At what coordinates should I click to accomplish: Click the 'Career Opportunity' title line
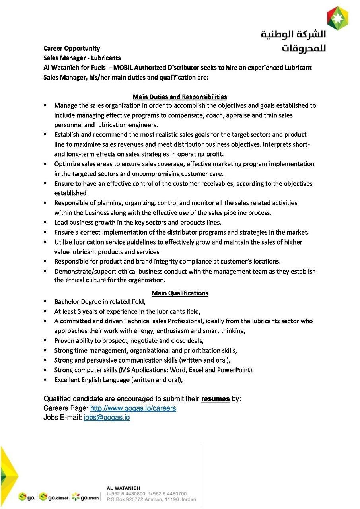click(72, 48)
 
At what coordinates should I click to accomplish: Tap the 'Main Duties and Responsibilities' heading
click(180, 97)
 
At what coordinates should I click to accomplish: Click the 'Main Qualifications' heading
click(180, 293)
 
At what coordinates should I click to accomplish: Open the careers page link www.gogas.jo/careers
click(133, 408)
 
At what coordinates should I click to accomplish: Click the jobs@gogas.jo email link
click(107, 417)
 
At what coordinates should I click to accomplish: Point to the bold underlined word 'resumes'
click(215, 399)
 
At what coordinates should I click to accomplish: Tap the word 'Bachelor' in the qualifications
click(67, 302)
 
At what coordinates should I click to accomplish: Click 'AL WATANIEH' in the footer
click(123, 488)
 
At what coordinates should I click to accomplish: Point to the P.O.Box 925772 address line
click(151, 499)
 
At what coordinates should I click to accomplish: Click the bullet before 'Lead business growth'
click(46, 222)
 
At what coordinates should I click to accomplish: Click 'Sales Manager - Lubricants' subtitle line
click(82, 58)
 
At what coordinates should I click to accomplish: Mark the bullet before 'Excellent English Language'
click(46, 379)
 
